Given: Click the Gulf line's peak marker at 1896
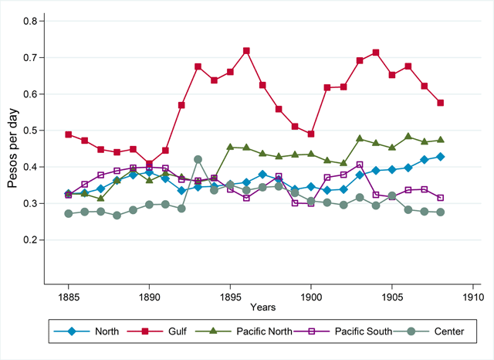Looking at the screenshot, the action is click(x=246, y=51).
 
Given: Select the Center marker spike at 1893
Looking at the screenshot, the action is click(x=198, y=159).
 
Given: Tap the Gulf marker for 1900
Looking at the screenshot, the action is click(x=311, y=134).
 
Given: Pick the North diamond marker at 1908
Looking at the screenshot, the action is click(x=441, y=157).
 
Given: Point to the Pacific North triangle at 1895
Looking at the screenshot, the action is click(x=230, y=147).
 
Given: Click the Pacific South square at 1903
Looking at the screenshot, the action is click(x=360, y=165).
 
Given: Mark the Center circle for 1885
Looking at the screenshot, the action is click(x=69, y=214).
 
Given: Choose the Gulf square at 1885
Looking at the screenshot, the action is click(x=69, y=134).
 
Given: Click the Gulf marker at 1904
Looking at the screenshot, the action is click(x=376, y=53).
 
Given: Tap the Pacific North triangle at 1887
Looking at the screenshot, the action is click(x=101, y=199).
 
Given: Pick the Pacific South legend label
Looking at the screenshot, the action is click(x=364, y=331).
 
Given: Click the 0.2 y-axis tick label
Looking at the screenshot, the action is click(x=30, y=240).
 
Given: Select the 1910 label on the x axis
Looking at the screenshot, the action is click(x=473, y=297).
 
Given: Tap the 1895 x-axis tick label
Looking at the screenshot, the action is click(x=230, y=297).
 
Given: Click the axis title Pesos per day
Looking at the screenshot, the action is click(x=12, y=148).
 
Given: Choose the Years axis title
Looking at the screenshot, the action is click(x=262, y=307).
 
